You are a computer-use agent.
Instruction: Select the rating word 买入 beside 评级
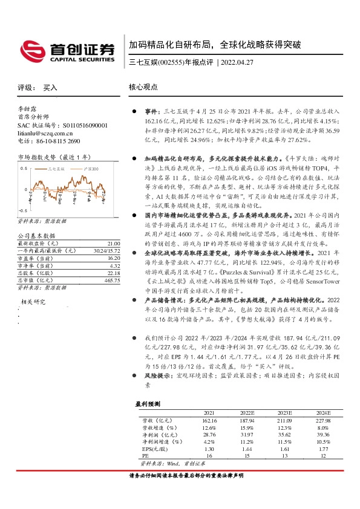pos(50,88)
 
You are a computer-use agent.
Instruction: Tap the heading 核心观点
pos(143,88)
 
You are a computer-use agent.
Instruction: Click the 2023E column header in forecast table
pos(284,413)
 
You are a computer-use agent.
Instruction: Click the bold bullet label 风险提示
pos(156,375)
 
